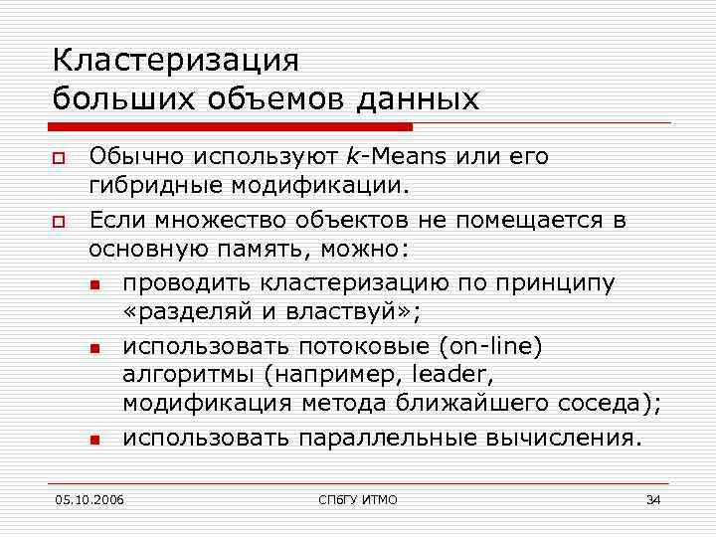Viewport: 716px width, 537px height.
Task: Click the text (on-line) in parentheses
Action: (x=483, y=345)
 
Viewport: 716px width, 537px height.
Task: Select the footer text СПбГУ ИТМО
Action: (x=358, y=498)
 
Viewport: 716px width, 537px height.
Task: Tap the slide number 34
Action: (x=652, y=498)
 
